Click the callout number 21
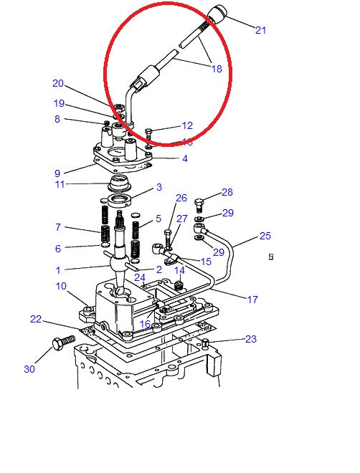point(260,30)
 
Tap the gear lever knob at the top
point(217,14)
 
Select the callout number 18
point(216,69)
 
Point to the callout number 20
point(58,83)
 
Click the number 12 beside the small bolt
point(187,125)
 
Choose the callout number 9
point(57,173)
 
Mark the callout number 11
point(60,185)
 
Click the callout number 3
point(159,188)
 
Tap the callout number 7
point(57,227)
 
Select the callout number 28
point(227,192)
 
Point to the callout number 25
point(265,235)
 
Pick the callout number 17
point(252,300)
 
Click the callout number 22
point(36,319)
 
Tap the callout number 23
point(250,339)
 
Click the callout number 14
point(179,270)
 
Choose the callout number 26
point(181,198)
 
